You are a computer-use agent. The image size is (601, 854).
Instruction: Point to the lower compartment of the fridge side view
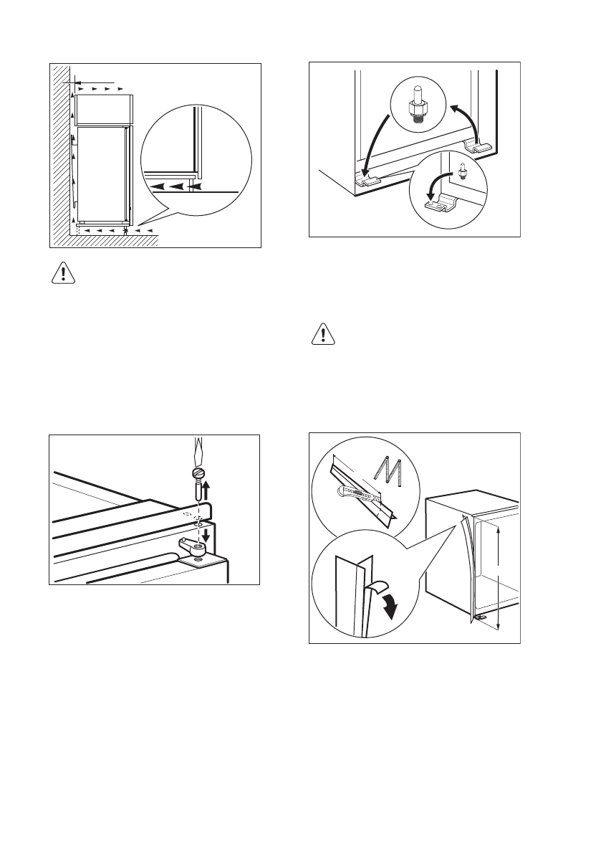[x=102, y=172]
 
